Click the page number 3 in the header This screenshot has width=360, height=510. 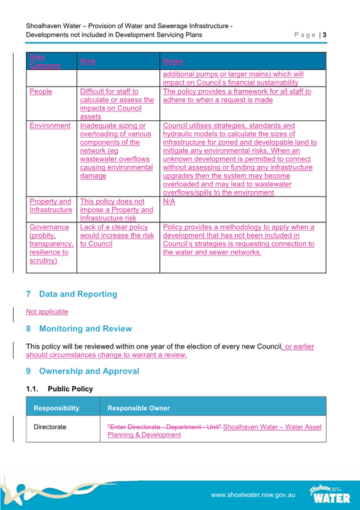pyautogui.click(x=325, y=35)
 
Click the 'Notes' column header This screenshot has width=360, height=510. pyautogui.click(x=173, y=61)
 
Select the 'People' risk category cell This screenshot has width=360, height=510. pyautogui.click(x=41, y=91)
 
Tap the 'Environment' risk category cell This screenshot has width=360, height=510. pyautogui.click(x=50, y=126)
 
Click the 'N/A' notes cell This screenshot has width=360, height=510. pyautogui.click(x=169, y=201)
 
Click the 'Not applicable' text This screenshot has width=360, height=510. pyautogui.click(x=47, y=312)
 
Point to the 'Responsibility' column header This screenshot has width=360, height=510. pyautogui.click(x=56, y=408)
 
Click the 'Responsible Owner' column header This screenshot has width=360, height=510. pyautogui.click(x=138, y=408)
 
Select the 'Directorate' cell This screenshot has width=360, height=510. pyautogui.click(x=50, y=427)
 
